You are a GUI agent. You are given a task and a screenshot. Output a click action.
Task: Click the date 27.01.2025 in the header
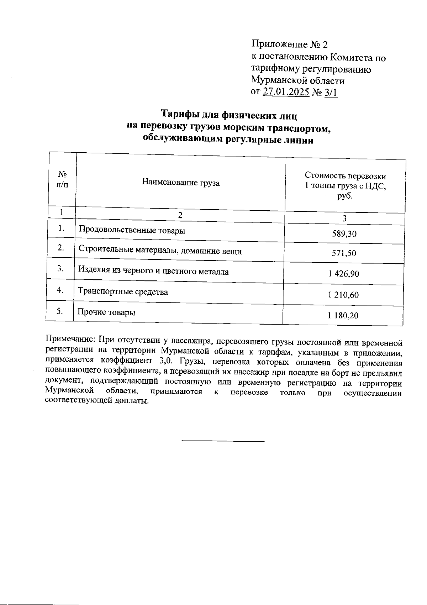[x=285, y=92]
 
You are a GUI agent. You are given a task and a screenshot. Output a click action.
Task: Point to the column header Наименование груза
[x=181, y=183]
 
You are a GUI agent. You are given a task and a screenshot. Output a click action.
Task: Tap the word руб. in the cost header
[x=345, y=196]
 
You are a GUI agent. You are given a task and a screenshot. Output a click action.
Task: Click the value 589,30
[x=344, y=234]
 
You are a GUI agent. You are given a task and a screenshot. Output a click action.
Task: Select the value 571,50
[x=344, y=253]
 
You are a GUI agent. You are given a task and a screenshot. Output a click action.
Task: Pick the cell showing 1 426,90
[x=344, y=274]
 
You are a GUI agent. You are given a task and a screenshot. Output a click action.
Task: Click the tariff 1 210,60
[x=344, y=295]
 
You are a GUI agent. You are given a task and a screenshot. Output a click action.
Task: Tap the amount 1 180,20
[x=343, y=315]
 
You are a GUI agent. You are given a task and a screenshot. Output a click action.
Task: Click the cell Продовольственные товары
[x=132, y=230]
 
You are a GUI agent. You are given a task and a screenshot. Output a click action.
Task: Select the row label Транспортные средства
[x=123, y=292]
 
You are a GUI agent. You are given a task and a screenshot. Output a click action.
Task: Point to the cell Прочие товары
[x=106, y=312]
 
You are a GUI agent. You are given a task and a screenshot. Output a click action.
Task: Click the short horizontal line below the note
[x=223, y=441]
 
